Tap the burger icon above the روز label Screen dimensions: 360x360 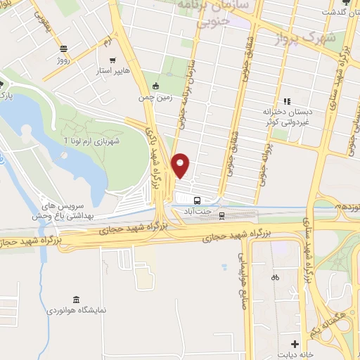[64, 49]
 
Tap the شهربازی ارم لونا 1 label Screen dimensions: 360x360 [96, 141]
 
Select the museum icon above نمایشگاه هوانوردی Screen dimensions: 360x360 [76, 298]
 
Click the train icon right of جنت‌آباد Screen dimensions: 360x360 [222, 214]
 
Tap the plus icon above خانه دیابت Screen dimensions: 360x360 [295, 344]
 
